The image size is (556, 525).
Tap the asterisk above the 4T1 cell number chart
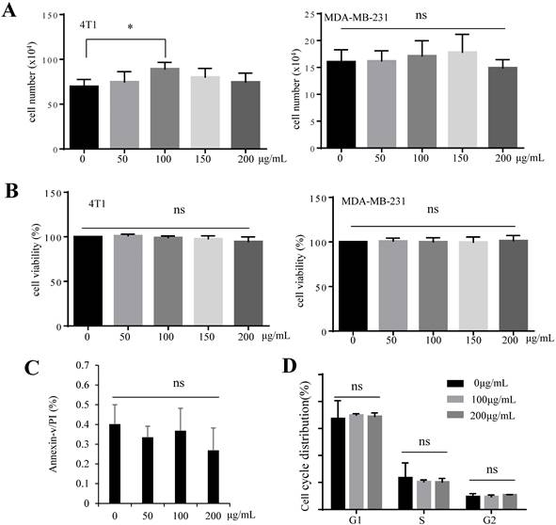[129, 26]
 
